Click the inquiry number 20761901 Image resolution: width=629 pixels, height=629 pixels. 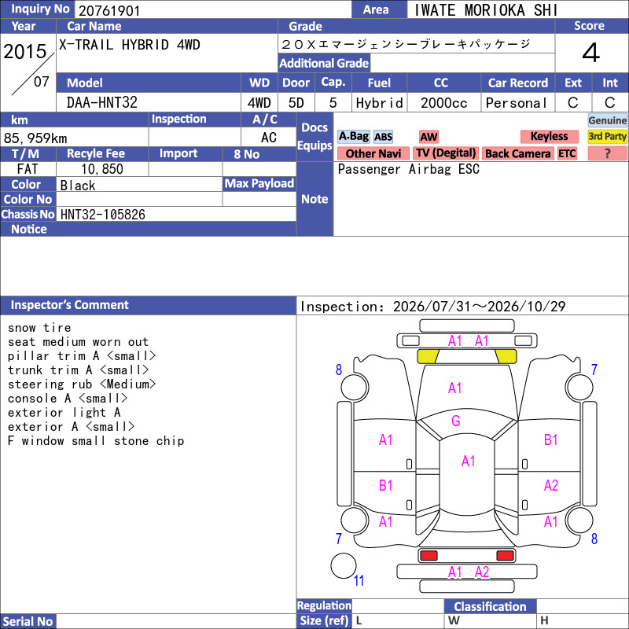tap(109, 10)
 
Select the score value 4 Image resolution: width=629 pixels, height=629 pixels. tap(591, 53)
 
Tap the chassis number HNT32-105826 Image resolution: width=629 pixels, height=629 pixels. tap(103, 215)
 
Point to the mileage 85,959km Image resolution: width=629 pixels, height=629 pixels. tap(35, 138)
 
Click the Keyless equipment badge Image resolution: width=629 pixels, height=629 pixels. tap(549, 136)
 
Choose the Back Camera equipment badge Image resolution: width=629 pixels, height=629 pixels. tap(517, 153)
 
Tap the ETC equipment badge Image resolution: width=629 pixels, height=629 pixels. tap(567, 153)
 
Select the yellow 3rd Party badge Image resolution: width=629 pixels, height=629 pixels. tap(607, 136)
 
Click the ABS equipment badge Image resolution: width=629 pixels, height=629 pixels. tap(383, 137)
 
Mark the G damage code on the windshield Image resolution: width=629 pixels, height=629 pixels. tap(456, 421)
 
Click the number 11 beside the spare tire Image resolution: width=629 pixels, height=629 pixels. tap(359, 580)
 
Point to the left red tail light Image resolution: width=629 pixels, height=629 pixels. tap(429, 556)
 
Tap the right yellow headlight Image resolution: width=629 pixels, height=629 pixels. tap(506, 356)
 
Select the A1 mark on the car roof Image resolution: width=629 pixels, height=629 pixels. tap(468, 462)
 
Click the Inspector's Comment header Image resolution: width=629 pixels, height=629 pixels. tap(69, 305)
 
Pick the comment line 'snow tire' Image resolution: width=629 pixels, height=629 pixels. tap(39, 328)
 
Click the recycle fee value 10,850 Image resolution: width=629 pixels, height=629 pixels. tap(102, 169)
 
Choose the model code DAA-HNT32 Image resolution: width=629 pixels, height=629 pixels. tap(102, 103)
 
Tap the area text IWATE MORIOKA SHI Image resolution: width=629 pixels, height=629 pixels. tap(485, 10)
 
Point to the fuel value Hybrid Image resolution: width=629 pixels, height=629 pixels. tap(379, 103)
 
